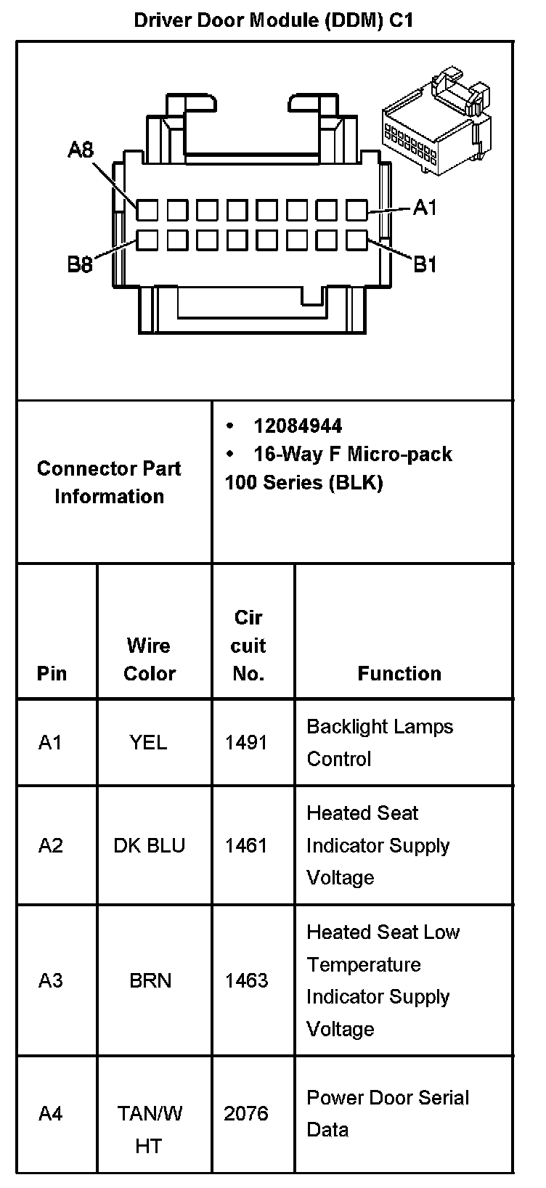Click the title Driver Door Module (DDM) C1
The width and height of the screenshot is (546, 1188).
(x=274, y=20)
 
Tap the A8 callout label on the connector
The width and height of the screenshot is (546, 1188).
(x=81, y=150)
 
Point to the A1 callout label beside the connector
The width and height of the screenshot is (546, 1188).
(x=425, y=208)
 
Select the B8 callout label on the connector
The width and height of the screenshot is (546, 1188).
(x=80, y=264)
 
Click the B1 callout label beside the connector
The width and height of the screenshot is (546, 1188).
(x=425, y=264)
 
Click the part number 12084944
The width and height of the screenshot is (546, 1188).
(x=298, y=426)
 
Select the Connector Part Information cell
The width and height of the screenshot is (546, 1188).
(x=109, y=482)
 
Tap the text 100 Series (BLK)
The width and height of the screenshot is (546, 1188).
(x=303, y=483)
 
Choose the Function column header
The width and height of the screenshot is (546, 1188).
(x=399, y=674)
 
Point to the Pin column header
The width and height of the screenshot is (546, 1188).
(x=52, y=674)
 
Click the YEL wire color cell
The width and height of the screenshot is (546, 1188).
(x=148, y=742)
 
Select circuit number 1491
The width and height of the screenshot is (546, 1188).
(x=246, y=742)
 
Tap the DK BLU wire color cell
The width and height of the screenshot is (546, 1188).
(x=149, y=846)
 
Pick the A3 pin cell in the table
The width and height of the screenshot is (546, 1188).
(x=51, y=980)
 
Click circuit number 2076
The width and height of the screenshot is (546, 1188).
(x=246, y=1114)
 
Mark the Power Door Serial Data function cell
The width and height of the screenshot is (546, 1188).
(x=388, y=1113)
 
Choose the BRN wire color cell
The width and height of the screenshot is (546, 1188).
(x=150, y=980)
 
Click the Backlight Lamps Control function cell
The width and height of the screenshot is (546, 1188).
(x=380, y=742)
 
